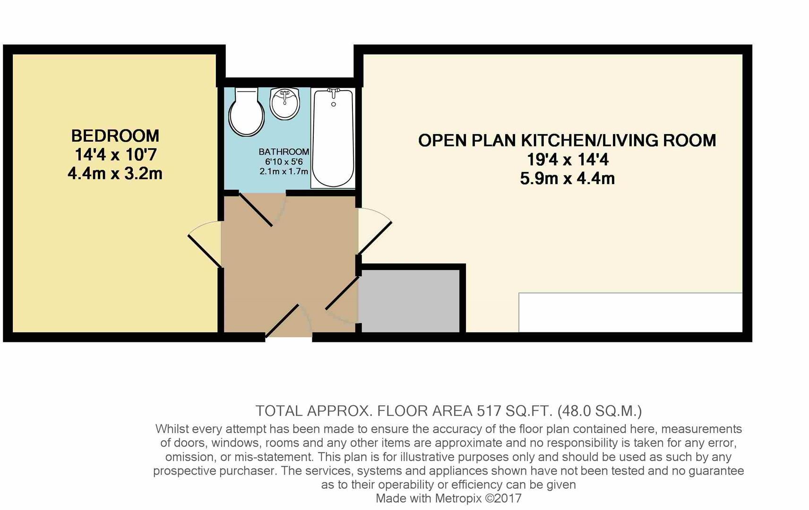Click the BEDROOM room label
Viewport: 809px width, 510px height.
tap(115, 136)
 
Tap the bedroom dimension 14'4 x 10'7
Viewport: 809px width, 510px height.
tap(115, 155)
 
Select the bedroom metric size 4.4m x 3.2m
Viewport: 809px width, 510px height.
tap(115, 174)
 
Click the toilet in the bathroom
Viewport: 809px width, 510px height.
tap(245, 112)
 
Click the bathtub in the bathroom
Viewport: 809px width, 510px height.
tap(333, 139)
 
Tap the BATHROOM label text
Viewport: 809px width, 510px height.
tap(284, 152)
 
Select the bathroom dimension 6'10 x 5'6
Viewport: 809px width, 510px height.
tap(284, 161)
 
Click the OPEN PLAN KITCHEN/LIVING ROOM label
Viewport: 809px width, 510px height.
tap(567, 140)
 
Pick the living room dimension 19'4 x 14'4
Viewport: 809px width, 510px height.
tap(567, 160)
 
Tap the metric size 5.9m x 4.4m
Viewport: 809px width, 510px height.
tap(567, 178)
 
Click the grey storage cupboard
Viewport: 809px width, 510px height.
tap(409, 301)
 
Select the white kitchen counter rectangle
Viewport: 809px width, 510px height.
tap(630, 312)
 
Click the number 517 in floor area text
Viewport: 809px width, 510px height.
tap(489, 411)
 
